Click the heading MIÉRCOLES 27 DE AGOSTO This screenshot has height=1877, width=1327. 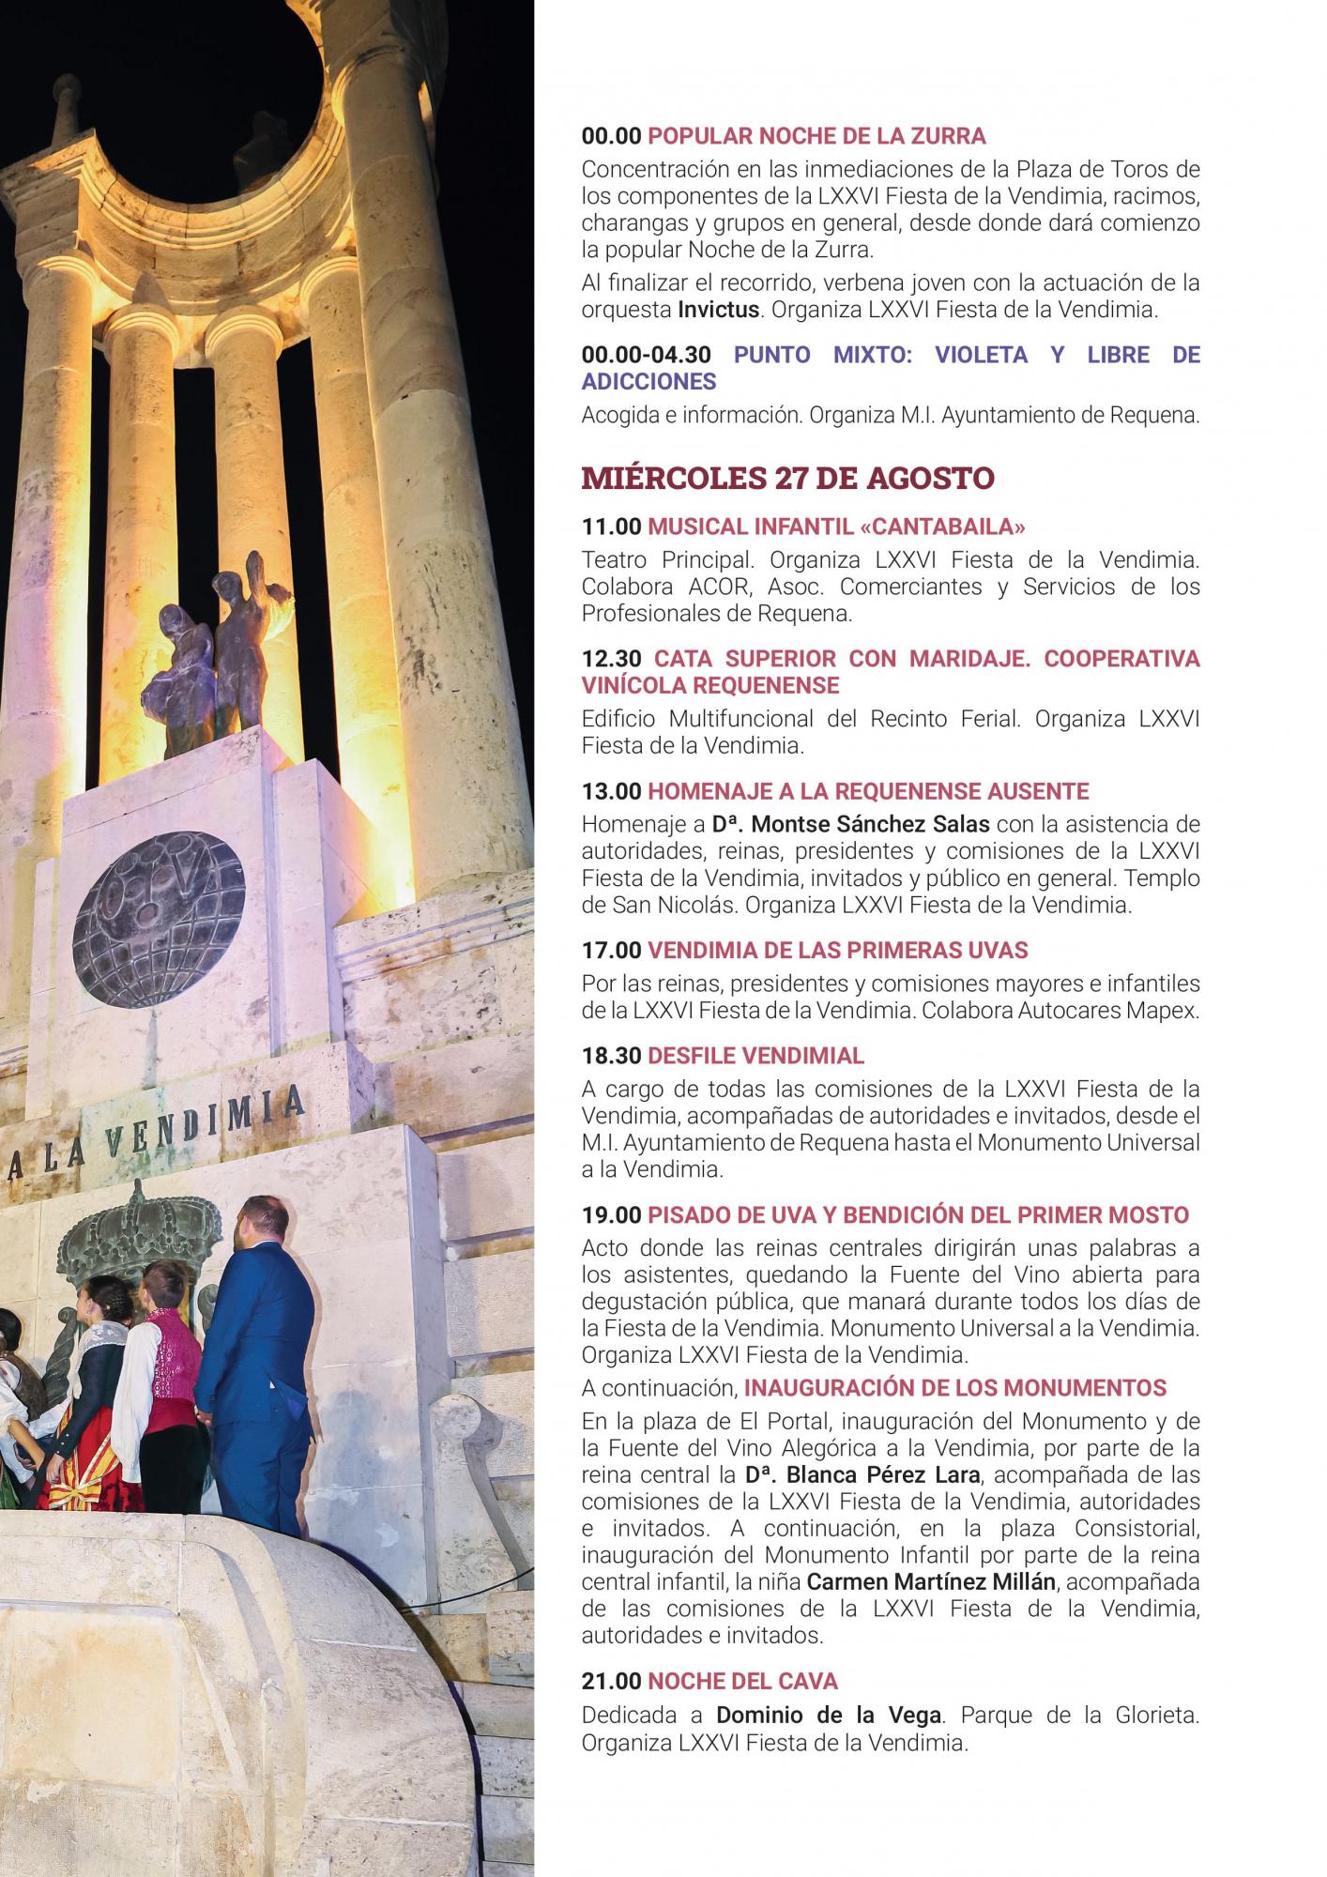pos(787,478)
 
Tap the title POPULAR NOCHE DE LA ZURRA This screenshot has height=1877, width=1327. pos(816,136)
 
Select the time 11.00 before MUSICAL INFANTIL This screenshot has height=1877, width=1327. pos(611,526)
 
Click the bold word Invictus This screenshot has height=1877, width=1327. pos(718,310)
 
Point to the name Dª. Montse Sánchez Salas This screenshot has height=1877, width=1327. pos(850,824)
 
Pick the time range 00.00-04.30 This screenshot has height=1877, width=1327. pos(646,355)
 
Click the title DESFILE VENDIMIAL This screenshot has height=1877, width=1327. pos(755,1055)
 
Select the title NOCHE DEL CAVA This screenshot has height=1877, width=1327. pos(742,1681)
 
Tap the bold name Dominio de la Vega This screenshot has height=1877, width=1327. pos(828,1715)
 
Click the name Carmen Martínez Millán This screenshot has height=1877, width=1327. pos(932,1581)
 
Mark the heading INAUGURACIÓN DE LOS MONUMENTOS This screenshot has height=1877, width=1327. pos(955,1387)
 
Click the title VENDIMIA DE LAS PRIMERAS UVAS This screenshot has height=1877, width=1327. pos(838,950)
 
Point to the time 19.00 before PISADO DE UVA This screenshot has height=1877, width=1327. pos(611,1214)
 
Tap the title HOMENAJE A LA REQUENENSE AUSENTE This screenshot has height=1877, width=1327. pos(868,791)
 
